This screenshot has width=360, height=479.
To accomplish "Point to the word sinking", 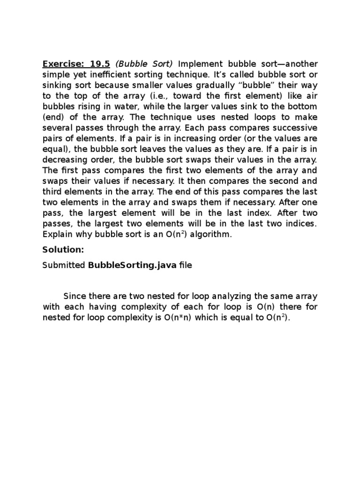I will (x=57, y=85).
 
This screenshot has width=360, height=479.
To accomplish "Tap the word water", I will (x=125, y=107).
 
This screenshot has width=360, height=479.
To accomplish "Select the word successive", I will (x=295, y=128).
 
